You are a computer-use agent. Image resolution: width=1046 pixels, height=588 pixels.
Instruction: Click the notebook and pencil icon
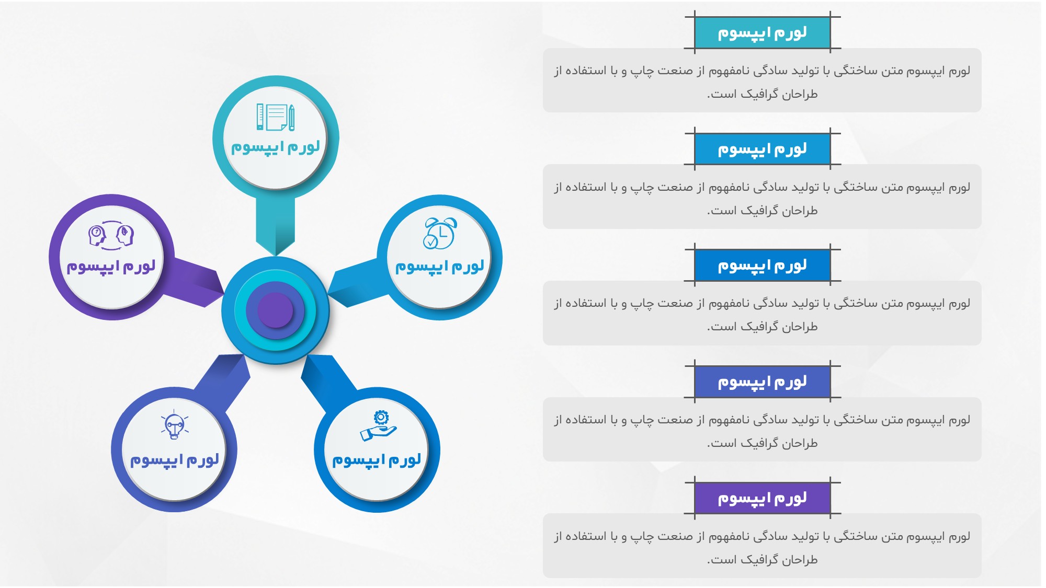click(276, 117)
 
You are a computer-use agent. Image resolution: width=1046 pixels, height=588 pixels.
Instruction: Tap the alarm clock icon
click(440, 233)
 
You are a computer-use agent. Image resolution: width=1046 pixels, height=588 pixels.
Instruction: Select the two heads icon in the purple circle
click(111, 235)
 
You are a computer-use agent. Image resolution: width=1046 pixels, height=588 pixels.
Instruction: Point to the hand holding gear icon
click(379, 425)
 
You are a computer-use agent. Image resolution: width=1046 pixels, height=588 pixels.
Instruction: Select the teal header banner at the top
click(763, 33)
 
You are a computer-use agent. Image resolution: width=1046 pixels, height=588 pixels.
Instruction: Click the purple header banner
click(763, 498)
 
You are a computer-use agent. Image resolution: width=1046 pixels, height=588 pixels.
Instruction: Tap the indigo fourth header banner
click(763, 382)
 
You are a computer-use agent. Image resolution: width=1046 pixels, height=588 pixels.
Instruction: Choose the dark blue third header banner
click(763, 266)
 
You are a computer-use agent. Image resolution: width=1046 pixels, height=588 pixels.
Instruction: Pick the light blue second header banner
click(763, 149)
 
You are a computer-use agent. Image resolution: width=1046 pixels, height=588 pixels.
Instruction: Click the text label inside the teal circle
click(276, 147)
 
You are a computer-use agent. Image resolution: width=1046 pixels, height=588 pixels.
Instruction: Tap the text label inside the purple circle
click(111, 267)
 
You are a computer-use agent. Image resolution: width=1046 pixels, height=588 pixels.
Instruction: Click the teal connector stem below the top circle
click(276, 225)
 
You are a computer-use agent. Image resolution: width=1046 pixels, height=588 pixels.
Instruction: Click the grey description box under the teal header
click(762, 80)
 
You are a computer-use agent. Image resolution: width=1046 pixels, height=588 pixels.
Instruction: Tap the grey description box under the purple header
click(762, 546)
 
